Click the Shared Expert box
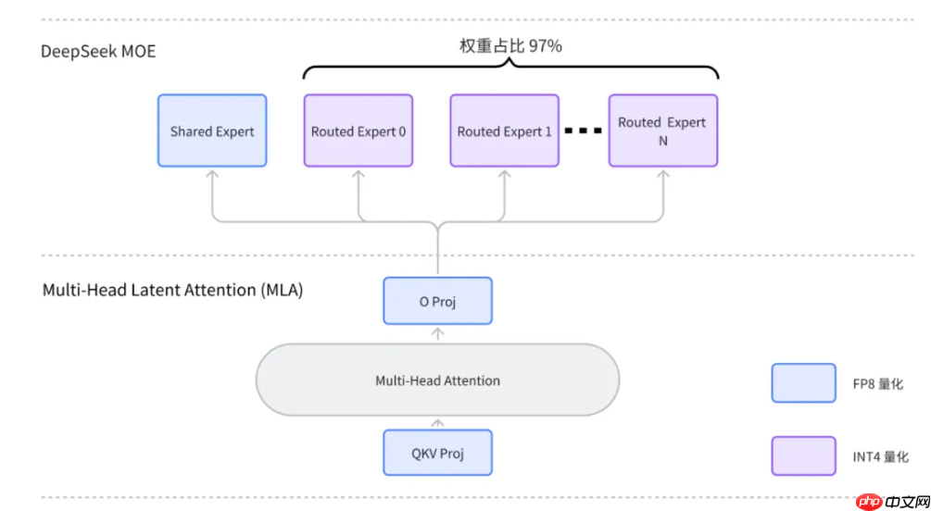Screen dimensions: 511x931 212,131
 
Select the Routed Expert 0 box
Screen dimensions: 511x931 359,131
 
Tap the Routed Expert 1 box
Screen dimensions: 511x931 504,131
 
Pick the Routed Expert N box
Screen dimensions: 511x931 662,131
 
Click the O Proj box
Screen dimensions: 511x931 437,302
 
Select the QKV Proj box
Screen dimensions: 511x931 437,453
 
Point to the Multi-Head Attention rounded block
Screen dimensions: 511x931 437,380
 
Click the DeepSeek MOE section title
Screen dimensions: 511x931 98,51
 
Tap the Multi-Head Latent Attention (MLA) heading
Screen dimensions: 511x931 173,290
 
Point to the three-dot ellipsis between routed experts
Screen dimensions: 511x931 584,131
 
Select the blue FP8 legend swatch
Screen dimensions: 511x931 803,383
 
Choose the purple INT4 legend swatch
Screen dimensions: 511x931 803,456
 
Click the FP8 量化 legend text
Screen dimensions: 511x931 877,383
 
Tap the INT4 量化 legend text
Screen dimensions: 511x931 880,456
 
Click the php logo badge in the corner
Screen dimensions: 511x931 869,501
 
